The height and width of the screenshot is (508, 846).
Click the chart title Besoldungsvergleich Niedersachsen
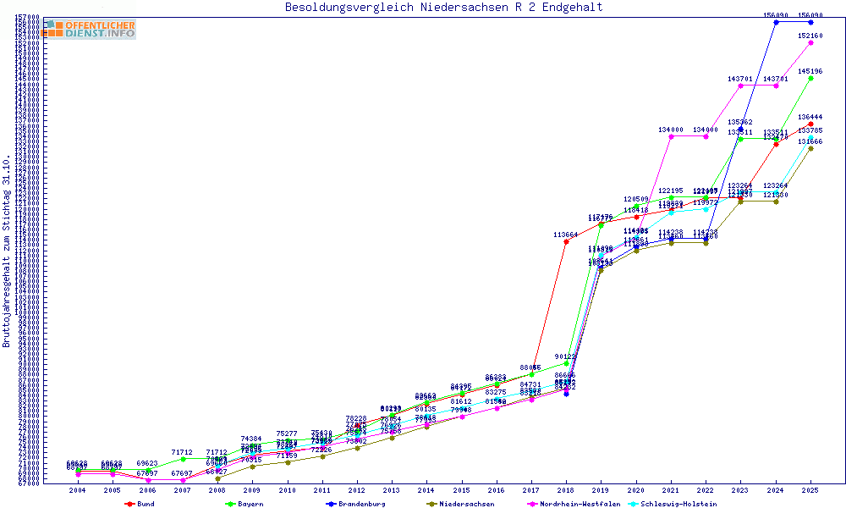pyautogui.click(x=443, y=8)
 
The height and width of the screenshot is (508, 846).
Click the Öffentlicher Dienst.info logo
pyautogui.click(x=90, y=30)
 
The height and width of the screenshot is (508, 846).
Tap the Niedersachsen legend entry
pyautogui.click(x=461, y=504)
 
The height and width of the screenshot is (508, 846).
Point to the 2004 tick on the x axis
pyautogui.click(x=77, y=490)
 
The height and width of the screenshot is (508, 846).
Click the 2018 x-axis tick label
pyautogui.click(x=566, y=490)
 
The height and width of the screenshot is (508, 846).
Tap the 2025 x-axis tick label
pyautogui.click(x=810, y=490)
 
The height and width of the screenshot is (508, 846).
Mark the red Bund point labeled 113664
pyautogui.click(x=566, y=242)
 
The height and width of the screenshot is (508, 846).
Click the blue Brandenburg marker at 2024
pyautogui.click(x=776, y=22)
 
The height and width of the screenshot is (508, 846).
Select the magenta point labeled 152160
pyautogui.click(x=810, y=42)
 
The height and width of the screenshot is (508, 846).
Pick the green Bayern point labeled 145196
pyautogui.click(x=810, y=78)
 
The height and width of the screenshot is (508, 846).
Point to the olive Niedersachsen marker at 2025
pyautogui.click(x=810, y=148)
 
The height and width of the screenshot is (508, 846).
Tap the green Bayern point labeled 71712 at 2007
pyautogui.click(x=182, y=459)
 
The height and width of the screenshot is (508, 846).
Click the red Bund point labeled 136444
pyautogui.click(x=810, y=124)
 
